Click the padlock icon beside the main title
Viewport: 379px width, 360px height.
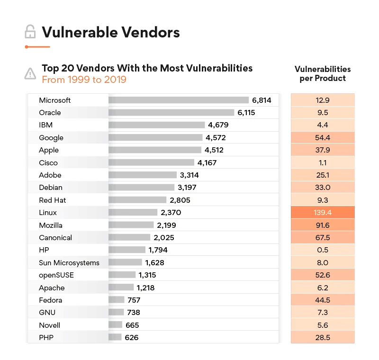coord(30,32)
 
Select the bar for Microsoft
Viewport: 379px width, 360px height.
coord(179,100)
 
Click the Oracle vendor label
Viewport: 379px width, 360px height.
coord(50,113)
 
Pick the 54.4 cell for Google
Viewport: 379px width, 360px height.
coord(322,138)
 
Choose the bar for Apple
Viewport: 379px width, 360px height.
coord(155,150)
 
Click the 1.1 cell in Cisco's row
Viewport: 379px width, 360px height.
coord(322,162)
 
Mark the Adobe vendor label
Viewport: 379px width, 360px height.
coord(50,175)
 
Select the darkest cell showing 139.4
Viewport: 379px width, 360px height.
coord(322,213)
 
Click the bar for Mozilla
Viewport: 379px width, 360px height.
coord(131,225)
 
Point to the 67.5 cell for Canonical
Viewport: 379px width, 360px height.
coord(322,238)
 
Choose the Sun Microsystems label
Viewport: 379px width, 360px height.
coord(69,263)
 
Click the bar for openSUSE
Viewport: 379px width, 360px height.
coord(122,275)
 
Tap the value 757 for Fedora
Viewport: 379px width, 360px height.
coord(134,300)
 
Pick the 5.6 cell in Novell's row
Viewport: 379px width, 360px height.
coord(322,325)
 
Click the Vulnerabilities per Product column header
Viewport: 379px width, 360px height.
coord(323,74)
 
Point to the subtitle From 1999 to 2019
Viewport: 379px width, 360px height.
coord(84,80)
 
